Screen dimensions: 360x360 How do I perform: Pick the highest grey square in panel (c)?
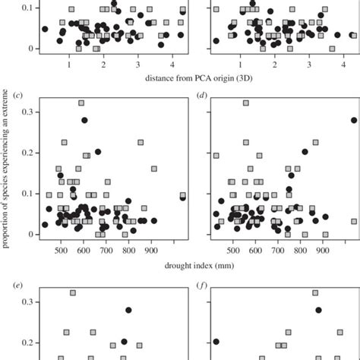click(x=81, y=103)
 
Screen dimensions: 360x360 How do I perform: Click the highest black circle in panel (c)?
click(x=85, y=120)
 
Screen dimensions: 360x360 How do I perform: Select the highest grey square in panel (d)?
click(x=245, y=103)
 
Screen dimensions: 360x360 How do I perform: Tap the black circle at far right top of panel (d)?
click(x=354, y=120)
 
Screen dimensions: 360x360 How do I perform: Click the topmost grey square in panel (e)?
click(x=73, y=292)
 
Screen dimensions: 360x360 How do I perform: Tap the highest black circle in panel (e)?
click(x=128, y=310)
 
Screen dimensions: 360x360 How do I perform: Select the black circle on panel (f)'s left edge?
click(x=216, y=342)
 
